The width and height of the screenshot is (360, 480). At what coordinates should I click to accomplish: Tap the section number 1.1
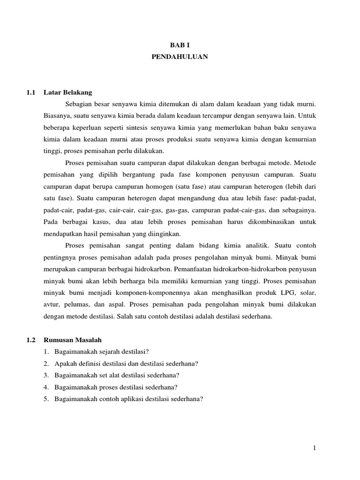coord(31,93)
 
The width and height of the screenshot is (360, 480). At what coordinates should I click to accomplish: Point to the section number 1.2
coord(31,340)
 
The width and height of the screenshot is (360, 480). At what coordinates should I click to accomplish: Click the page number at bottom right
coord(315,449)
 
